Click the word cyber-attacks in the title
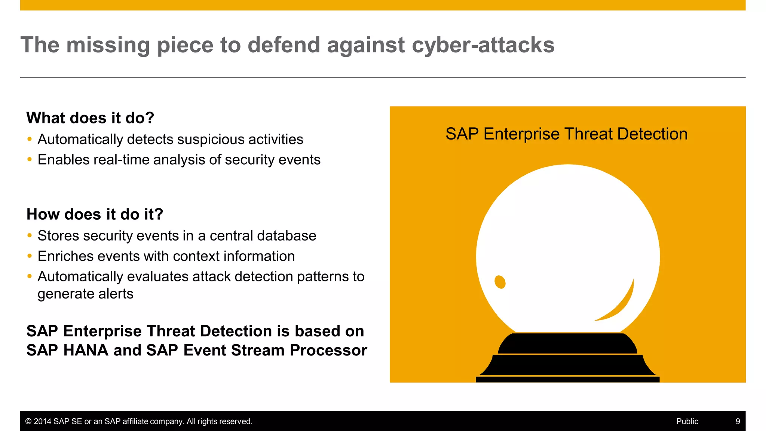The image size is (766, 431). (x=483, y=45)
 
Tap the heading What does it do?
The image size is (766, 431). (x=90, y=118)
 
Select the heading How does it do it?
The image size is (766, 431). (x=95, y=214)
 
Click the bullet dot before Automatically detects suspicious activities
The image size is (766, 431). (x=30, y=139)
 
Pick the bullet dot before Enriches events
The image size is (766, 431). (x=30, y=256)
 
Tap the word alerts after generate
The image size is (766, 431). (x=116, y=294)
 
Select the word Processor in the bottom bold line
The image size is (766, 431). (x=328, y=350)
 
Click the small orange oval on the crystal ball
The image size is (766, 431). (x=500, y=282)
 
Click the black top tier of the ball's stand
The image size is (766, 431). (x=567, y=343)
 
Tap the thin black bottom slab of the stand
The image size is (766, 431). (x=567, y=379)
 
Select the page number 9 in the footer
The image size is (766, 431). (x=738, y=421)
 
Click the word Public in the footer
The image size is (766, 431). (x=687, y=421)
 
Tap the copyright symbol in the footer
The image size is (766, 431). (x=28, y=421)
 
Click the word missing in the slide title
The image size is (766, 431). (x=108, y=45)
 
